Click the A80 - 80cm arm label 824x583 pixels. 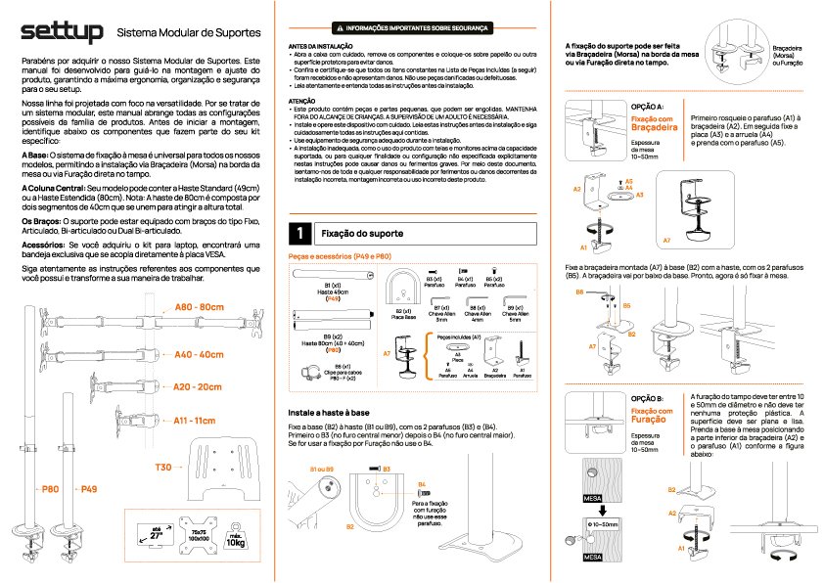200,307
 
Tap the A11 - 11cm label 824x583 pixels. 194,421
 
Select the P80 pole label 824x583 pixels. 50,488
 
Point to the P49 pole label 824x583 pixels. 89,488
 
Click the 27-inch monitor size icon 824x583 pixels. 157,536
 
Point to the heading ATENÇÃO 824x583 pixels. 301,101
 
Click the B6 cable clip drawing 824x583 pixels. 310,372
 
